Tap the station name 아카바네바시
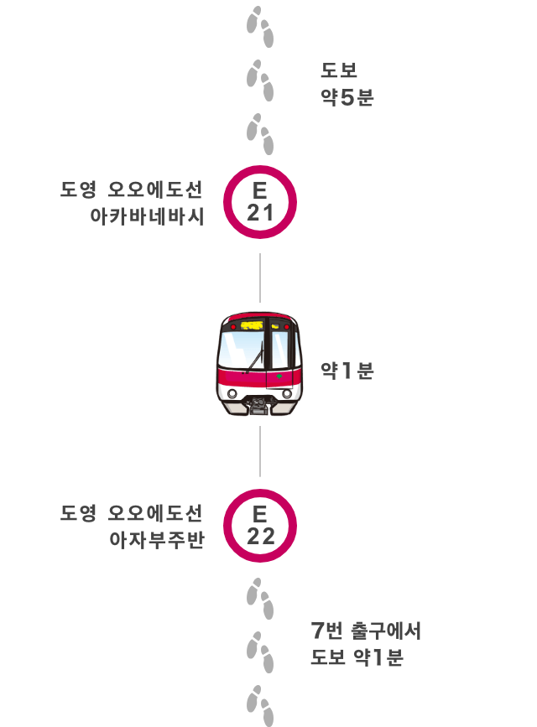[x=147, y=216]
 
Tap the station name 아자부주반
[x=157, y=540]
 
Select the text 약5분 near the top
[x=347, y=97]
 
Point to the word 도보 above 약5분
[x=339, y=70]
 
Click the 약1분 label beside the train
[x=347, y=371]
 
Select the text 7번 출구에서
[x=366, y=631]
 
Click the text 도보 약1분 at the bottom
[x=357, y=657]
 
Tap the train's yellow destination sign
[x=252, y=325]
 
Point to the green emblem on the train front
[x=279, y=376]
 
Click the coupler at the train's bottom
[x=259, y=405]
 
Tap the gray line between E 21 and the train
[x=260, y=278]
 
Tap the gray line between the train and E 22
[x=260, y=451]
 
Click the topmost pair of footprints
[x=260, y=27]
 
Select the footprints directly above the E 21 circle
[x=260, y=134]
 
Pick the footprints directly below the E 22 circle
[x=260, y=599]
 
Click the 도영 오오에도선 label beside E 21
[x=132, y=190]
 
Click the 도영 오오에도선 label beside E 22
[x=132, y=513]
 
